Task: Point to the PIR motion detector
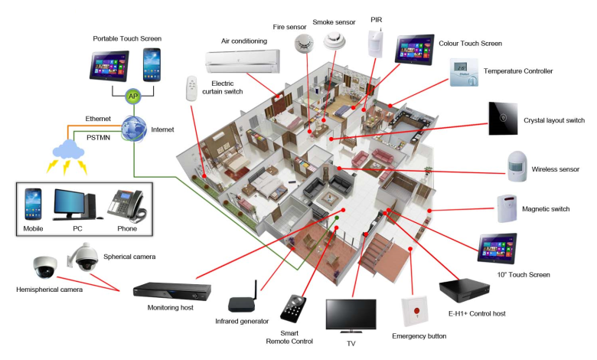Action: coord(374,44)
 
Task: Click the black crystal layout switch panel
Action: coord(503,118)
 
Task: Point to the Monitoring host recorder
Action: coord(171,291)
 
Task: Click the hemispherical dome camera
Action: coord(44,267)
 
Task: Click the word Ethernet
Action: coord(98,119)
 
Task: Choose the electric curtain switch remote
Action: coord(192,89)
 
